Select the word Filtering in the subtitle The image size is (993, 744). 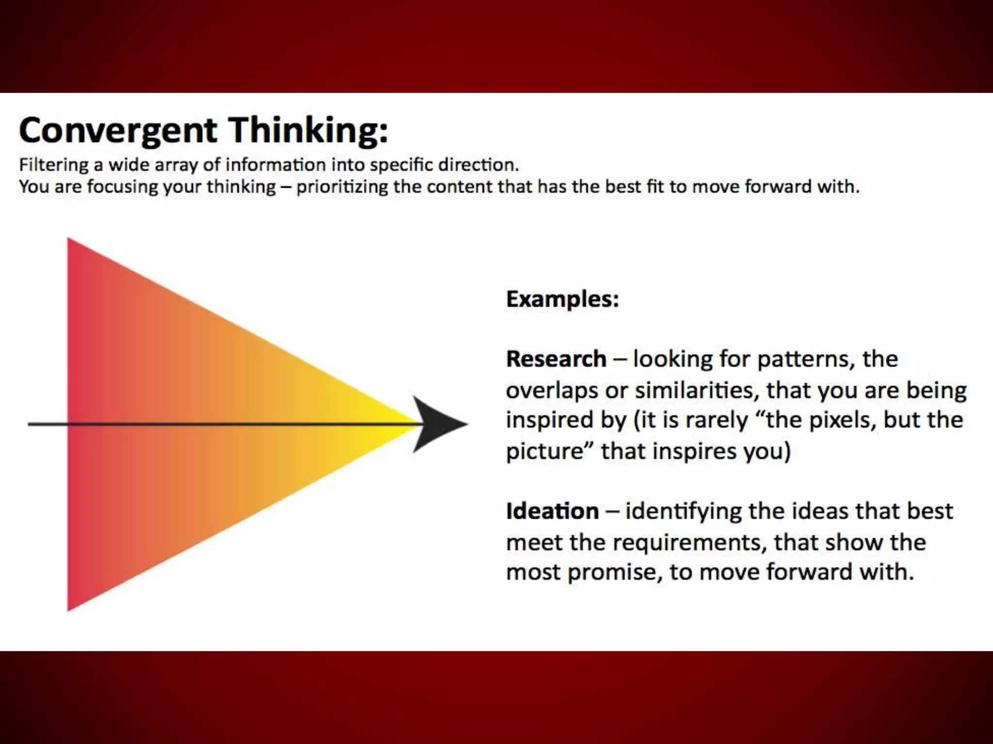pyautogui.click(x=53, y=165)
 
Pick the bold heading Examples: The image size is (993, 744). pyautogui.click(x=562, y=299)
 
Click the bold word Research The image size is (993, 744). pyautogui.click(x=556, y=359)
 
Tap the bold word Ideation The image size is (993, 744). pyautogui.click(x=552, y=511)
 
